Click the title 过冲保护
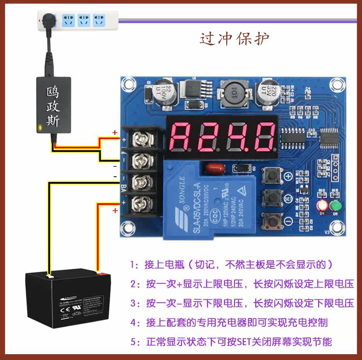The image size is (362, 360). click(x=235, y=39)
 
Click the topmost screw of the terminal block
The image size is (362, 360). click(x=141, y=139)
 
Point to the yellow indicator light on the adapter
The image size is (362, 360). click(x=39, y=128)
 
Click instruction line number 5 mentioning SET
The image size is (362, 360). click(x=231, y=342)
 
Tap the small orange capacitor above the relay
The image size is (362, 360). click(x=212, y=169)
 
